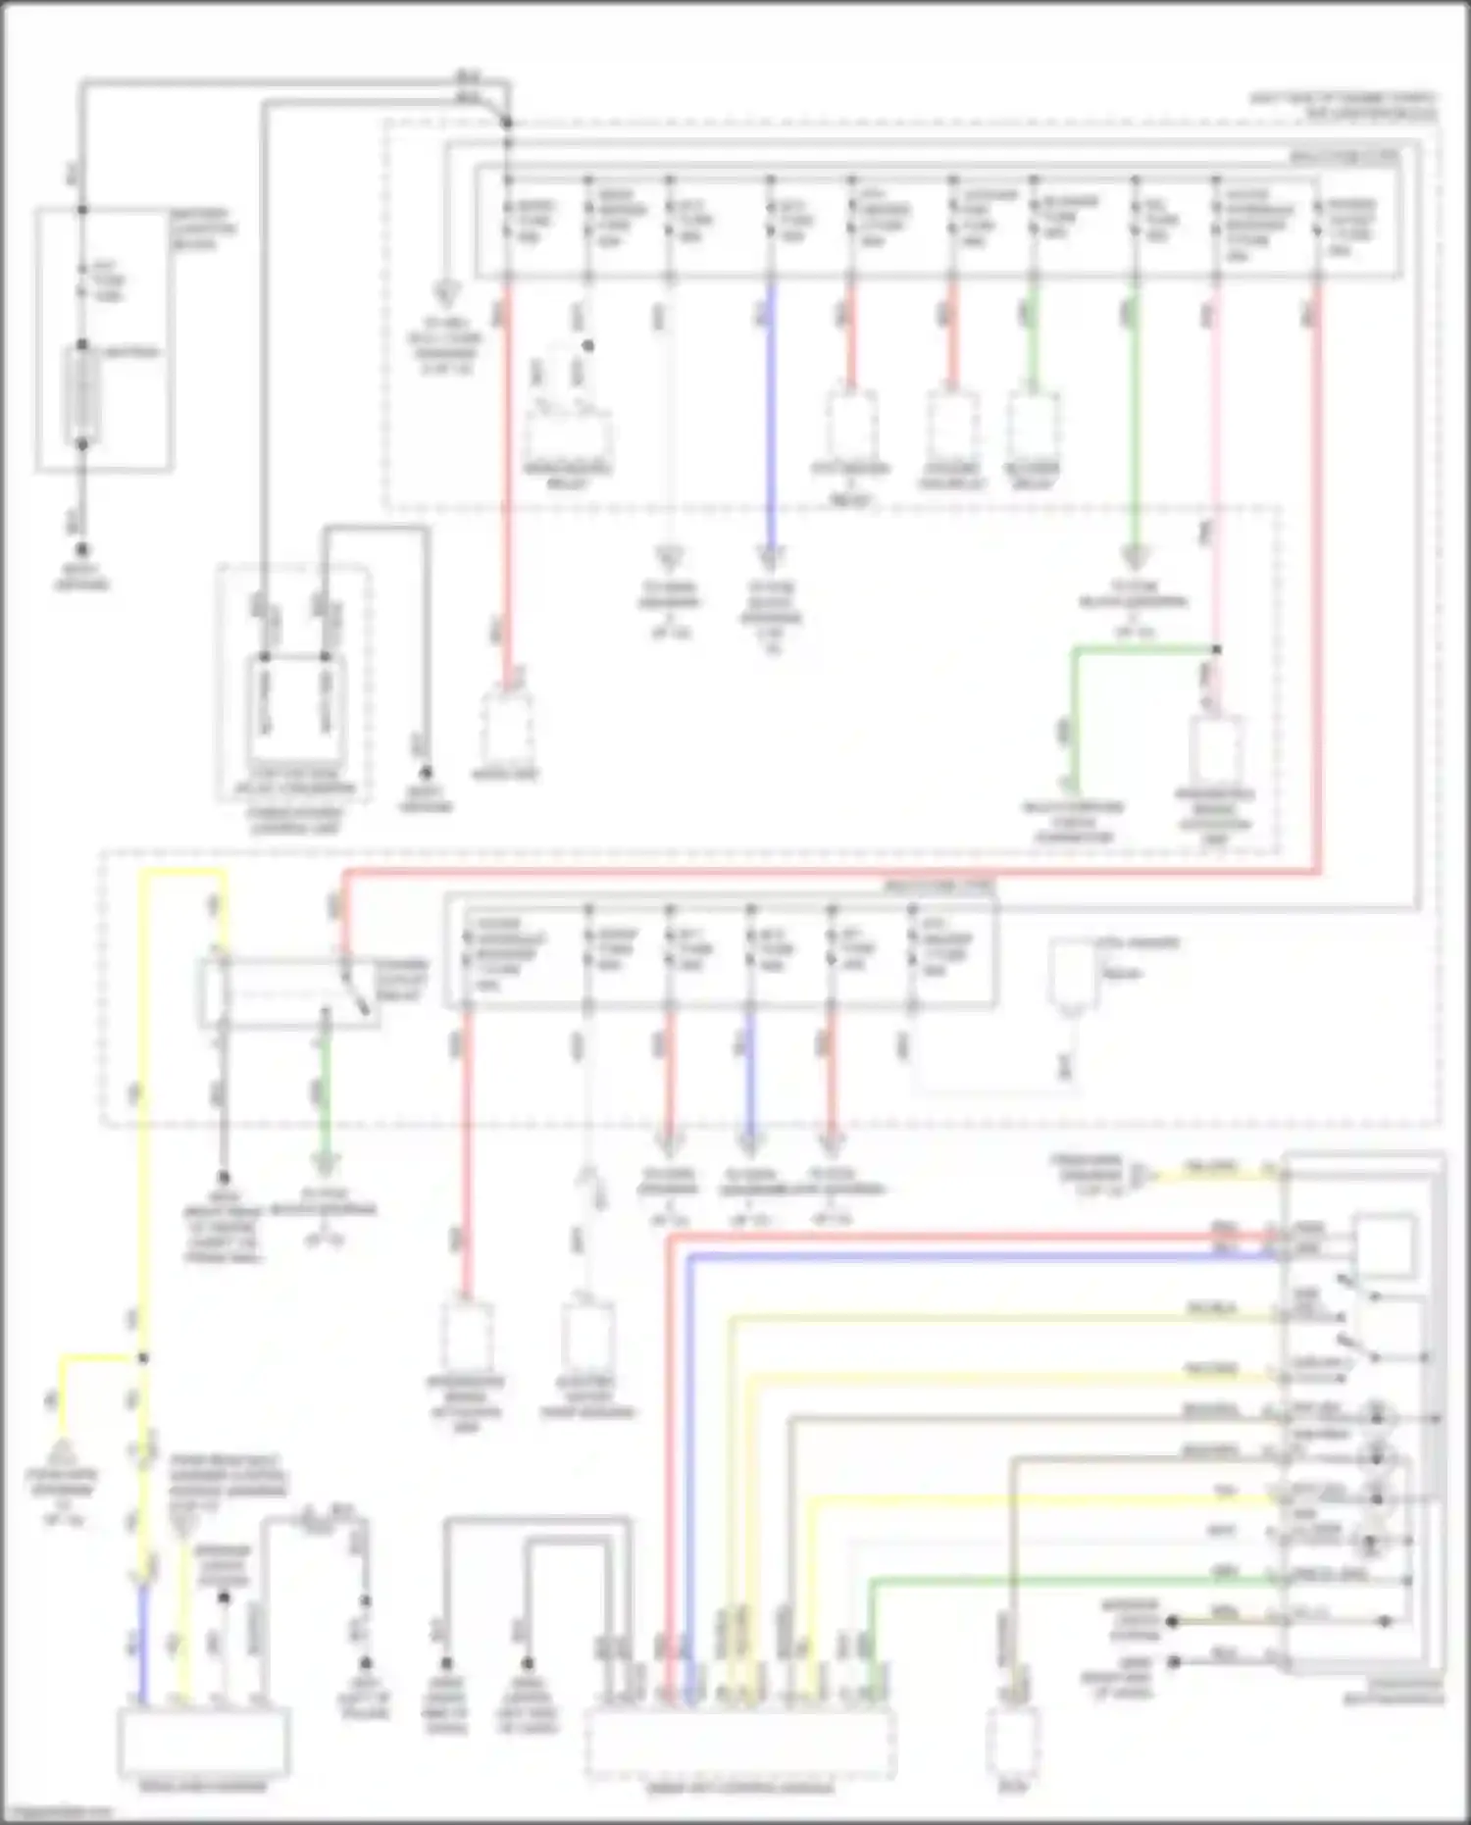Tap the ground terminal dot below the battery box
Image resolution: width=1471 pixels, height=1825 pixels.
[82, 551]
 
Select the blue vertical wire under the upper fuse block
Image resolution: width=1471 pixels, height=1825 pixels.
[771, 412]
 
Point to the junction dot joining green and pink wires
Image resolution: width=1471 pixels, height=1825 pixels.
[1216, 649]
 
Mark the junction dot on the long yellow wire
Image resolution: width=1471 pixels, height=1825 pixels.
[143, 1358]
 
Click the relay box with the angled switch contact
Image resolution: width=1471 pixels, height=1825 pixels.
[290, 993]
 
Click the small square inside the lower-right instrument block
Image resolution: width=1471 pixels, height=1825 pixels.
[1384, 1244]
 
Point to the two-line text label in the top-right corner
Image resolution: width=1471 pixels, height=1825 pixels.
[1344, 106]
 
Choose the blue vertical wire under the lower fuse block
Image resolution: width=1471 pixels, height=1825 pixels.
[750, 1074]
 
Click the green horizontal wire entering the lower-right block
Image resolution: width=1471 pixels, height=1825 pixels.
[1079, 1579]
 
